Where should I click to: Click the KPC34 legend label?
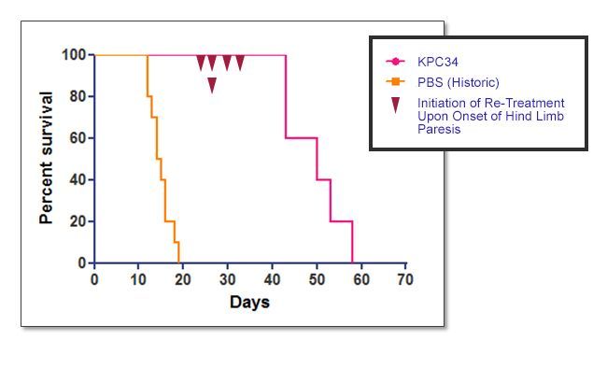(438, 62)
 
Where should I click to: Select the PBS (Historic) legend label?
(459, 82)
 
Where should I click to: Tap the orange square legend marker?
(396, 81)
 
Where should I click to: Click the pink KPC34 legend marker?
(396, 62)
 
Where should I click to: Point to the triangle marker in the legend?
(396, 105)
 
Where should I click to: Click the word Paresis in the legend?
(439, 129)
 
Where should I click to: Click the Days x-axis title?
(249, 303)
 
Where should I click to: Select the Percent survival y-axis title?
(46, 158)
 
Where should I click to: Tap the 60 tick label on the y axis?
(78, 138)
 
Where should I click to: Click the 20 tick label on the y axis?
(78, 221)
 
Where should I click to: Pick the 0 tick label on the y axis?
(82, 262)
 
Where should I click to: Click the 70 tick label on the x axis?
(405, 279)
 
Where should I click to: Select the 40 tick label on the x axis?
(272, 279)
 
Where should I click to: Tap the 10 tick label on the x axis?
(138, 279)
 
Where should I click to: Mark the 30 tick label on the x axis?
(227, 279)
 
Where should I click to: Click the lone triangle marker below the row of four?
(212, 85)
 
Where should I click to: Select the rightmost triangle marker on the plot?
(240, 63)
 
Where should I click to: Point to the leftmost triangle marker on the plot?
(201, 63)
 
